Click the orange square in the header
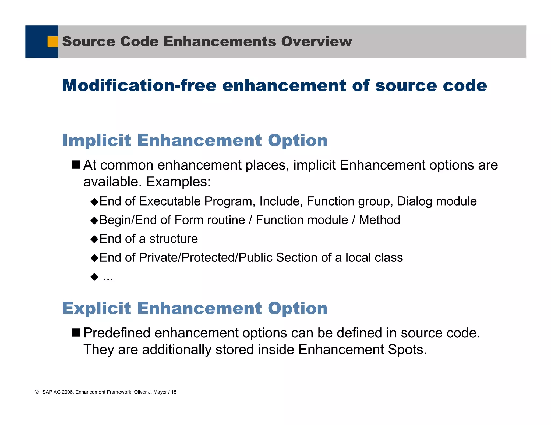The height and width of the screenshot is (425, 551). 53,42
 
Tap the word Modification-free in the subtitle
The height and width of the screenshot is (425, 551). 139,85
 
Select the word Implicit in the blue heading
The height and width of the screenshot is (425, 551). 97,140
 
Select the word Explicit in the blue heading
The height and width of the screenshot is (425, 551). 97,308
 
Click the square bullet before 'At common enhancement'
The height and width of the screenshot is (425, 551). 76,165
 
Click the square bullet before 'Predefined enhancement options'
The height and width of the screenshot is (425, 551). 76,333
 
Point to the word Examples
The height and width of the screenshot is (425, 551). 178,182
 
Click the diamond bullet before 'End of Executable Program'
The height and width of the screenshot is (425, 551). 94,202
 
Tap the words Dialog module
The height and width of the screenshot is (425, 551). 437,201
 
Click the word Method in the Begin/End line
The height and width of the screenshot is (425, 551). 379,220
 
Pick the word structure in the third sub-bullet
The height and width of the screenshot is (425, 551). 174,239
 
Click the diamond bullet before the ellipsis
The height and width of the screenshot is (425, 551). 94,277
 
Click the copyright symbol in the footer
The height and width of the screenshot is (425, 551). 37,392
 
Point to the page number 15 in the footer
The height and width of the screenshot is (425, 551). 174,392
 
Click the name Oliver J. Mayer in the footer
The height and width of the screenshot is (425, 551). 150,392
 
